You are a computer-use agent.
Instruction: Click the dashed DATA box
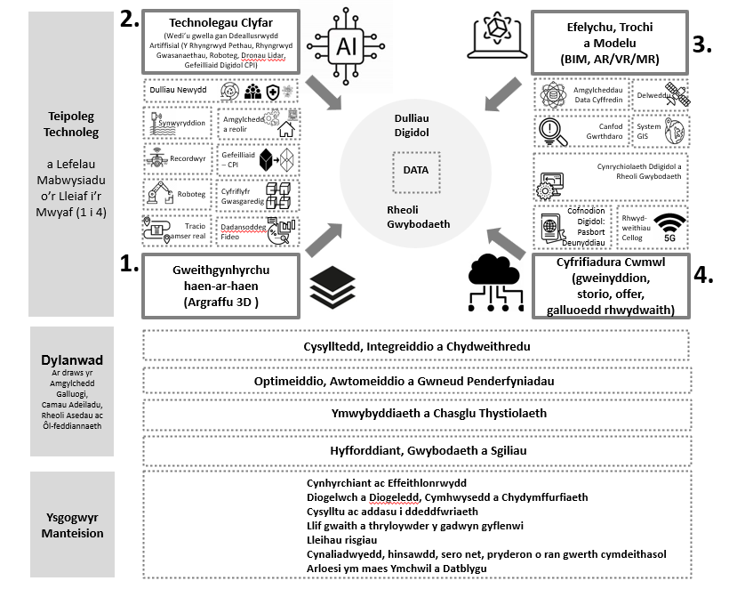[x=415, y=169]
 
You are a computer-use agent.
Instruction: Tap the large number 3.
[x=704, y=44]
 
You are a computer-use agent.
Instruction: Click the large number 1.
[x=128, y=263]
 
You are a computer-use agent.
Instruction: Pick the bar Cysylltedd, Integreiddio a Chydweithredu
[x=416, y=345]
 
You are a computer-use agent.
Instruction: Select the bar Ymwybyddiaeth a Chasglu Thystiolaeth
[x=416, y=414]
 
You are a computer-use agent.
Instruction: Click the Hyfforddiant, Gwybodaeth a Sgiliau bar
[x=416, y=449]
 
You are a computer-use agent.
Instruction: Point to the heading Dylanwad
[x=72, y=360]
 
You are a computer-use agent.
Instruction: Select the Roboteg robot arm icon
[x=164, y=192]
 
